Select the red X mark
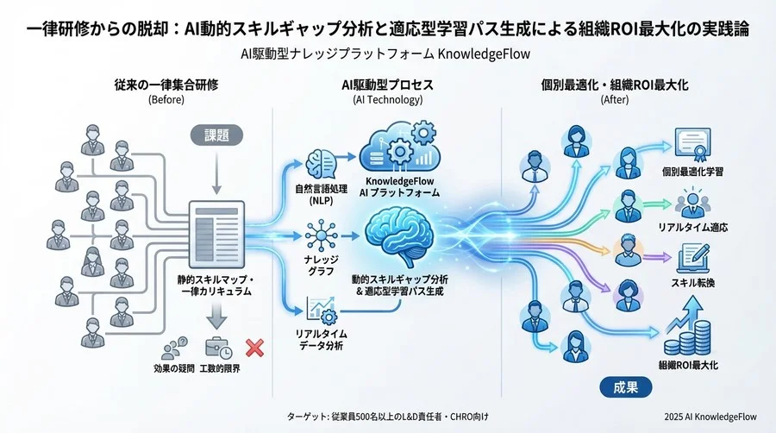point(254,348)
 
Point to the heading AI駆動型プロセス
point(388,86)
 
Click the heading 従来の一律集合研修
point(166,86)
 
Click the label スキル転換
point(692,282)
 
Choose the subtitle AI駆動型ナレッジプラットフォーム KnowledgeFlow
point(387,54)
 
